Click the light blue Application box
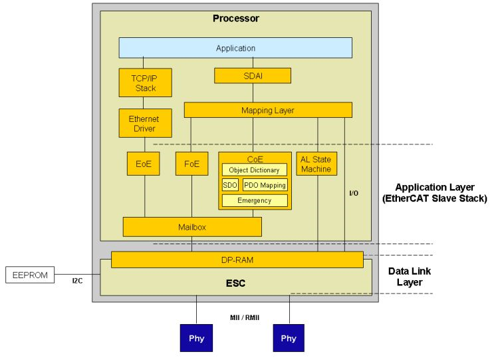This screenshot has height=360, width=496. coord(235,48)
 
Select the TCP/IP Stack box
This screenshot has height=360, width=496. coord(146,83)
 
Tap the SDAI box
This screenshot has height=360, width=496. coord(252,76)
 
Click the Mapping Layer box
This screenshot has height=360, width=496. coord(267,110)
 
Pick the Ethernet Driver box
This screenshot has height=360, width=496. coord(144,124)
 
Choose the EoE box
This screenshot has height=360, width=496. coord(144,164)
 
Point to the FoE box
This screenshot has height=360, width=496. coord(191,164)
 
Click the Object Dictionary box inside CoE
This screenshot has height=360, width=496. coord(254,170)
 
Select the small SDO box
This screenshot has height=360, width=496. coord(230,185)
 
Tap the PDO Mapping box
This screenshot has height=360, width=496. coord(265,185)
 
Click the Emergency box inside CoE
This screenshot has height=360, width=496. coord(254,200)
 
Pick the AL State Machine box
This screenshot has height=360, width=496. coord(316,164)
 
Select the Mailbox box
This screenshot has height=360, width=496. coord(191,227)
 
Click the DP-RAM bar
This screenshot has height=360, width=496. coord(237,260)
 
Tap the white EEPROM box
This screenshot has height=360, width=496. coord(30,274)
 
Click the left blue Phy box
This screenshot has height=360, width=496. coord(197,338)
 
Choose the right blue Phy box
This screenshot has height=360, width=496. coord(289,338)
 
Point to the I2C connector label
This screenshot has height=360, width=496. coord(77,281)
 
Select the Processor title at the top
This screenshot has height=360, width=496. coord(235,19)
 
